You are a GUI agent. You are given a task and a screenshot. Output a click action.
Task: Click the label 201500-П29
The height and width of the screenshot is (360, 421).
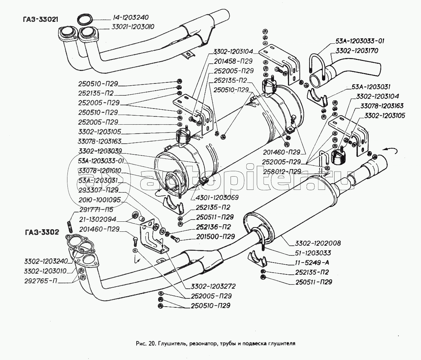coord(216,237)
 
